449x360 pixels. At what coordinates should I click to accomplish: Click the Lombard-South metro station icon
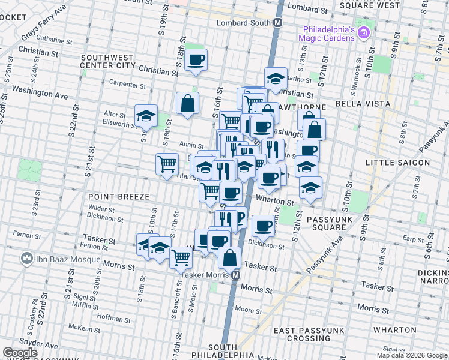pos(277,23)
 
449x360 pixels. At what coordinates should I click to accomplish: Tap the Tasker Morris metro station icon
pos(236,275)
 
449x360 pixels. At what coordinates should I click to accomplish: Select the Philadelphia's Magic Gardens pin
pos(363,32)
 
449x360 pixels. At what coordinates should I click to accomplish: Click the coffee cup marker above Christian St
pos(196,60)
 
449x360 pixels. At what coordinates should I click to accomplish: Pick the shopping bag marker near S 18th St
pos(188,103)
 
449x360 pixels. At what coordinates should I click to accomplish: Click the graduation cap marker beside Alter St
pos(146,117)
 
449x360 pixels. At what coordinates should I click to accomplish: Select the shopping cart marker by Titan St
pos(167,163)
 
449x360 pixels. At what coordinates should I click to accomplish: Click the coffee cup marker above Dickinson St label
pos(263,226)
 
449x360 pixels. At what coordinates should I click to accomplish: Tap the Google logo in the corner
pos(19,353)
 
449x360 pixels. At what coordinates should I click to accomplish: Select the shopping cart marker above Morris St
pos(181,258)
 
